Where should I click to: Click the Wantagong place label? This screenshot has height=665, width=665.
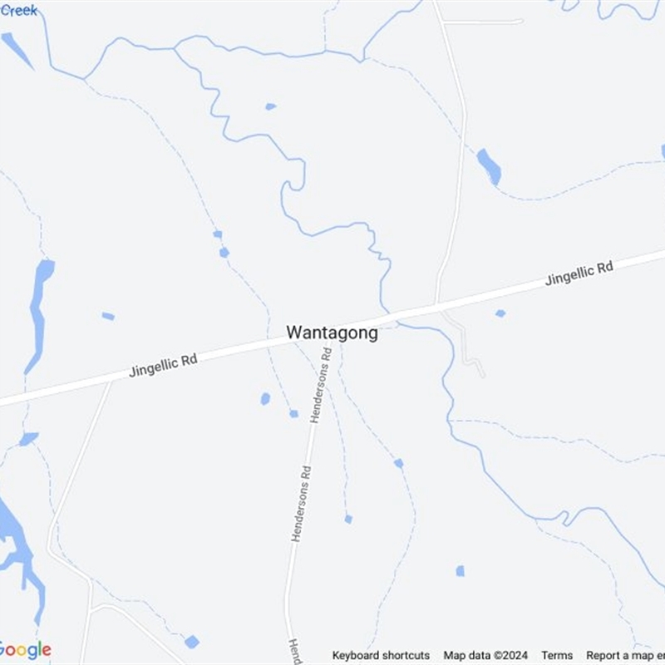tap(332, 332)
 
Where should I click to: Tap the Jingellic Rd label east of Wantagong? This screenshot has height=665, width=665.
tap(579, 273)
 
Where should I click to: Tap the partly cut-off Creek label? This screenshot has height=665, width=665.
tap(18, 10)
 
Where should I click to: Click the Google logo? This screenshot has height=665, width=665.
tap(25, 650)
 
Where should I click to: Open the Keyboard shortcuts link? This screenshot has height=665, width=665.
tap(381, 655)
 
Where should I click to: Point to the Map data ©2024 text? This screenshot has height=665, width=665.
tap(485, 655)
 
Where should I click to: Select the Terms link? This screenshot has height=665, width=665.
tap(557, 655)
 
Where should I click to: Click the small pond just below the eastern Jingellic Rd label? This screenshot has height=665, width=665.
tap(500, 313)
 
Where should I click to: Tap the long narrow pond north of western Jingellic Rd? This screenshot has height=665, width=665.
tap(39, 312)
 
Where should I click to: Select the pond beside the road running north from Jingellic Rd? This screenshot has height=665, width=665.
tap(489, 166)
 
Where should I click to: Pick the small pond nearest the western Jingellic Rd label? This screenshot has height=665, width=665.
tap(108, 316)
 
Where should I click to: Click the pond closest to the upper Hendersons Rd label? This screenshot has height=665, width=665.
tap(293, 413)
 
